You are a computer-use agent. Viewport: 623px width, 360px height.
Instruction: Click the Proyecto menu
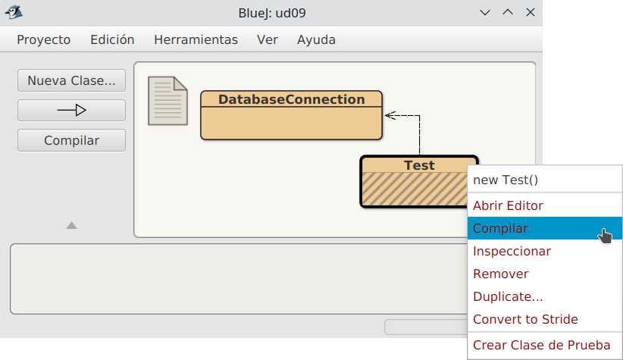pos(44,39)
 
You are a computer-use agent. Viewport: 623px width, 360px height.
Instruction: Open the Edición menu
pos(112,39)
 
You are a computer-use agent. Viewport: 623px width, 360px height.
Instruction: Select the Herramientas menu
pos(196,39)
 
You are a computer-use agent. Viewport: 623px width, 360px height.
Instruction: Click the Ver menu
pos(268,39)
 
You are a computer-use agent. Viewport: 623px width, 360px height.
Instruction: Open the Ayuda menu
pos(316,39)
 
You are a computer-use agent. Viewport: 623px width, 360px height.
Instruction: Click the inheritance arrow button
pos(71,110)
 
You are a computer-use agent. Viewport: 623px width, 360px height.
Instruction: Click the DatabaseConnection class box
pos(291,115)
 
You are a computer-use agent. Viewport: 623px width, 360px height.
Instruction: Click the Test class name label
pos(419,165)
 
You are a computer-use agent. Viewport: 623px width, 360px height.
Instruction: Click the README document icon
pos(167,101)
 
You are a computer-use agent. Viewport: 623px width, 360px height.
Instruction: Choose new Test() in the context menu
pos(506,180)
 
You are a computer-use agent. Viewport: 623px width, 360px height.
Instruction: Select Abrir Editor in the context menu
pos(508,206)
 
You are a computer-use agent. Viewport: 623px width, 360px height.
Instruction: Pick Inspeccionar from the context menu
pos(512,252)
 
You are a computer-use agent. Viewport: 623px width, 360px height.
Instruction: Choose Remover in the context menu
pos(501,274)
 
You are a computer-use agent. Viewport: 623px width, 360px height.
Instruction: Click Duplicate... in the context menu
pos(508,297)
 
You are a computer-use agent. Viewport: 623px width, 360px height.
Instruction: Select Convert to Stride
pos(525,320)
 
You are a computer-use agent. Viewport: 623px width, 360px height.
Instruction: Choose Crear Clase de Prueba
pos(542,346)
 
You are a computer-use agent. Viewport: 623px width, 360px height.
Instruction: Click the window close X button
pos(531,13)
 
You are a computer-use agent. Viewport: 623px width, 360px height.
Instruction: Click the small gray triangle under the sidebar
pos(71,226)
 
